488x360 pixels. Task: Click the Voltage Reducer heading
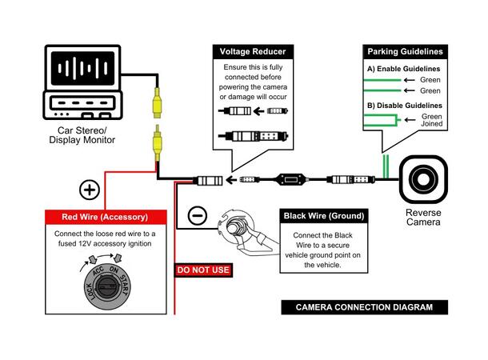point(253,52)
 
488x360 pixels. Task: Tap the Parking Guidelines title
point(405,52)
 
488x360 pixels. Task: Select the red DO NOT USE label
point(203,270)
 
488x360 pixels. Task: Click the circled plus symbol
point(90,190)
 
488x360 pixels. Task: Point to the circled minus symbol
point(198,215)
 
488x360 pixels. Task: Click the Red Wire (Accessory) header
point(105,217)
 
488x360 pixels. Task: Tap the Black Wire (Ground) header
point(324,216)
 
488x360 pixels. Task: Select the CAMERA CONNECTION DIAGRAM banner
point(365,307)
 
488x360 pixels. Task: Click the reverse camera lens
point(423,179)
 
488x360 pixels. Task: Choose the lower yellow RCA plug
point(158,143)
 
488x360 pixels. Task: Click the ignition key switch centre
point(107,287)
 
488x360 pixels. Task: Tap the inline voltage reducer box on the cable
point(290,179)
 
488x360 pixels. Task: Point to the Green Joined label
point(432,120)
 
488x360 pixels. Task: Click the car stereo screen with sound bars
point(82,68)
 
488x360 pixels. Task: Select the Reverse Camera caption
point(423,217)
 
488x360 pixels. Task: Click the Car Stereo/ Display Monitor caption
point(82,135)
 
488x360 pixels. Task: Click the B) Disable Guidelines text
point(405,106)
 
